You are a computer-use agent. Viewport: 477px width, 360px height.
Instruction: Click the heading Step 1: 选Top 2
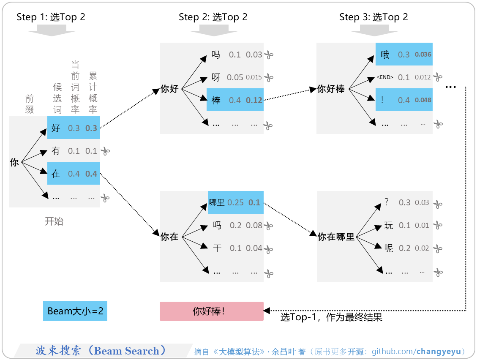[x=51, y=17]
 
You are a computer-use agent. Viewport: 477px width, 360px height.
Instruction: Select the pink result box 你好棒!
[x=211, y=311]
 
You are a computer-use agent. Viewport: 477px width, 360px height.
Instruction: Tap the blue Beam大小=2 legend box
[x=75, y=311]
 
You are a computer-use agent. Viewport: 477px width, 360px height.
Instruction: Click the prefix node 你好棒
[x=331, y=89]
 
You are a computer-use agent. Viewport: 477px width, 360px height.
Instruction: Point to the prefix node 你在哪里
[x=336, y=237]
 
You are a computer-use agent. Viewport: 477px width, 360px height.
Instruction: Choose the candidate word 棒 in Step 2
[x=216, y=100]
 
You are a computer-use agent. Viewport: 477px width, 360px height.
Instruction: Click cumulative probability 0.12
[x=254, y=100]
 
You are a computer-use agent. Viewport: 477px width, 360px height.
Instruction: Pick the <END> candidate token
[x=385, y=77]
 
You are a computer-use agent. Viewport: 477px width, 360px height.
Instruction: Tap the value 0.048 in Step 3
[x=423, y=100]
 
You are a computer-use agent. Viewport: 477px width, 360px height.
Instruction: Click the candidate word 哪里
[x=217, y=202]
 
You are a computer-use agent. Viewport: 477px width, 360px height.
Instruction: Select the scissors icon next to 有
[x=106, y=151]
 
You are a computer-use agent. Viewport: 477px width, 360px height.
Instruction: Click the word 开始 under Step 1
[x=54, y=221]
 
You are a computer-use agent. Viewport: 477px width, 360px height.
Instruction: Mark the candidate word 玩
[x=388, y=226]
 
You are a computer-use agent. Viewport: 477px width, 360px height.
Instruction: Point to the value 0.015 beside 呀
[x=253, y=77]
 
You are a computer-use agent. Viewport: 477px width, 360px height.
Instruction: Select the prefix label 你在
[x=169, y=237]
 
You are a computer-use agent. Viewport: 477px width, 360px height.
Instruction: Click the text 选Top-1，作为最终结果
[x=331, y=317]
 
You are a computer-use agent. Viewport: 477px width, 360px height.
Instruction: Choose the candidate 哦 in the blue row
[x=385, y=55]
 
